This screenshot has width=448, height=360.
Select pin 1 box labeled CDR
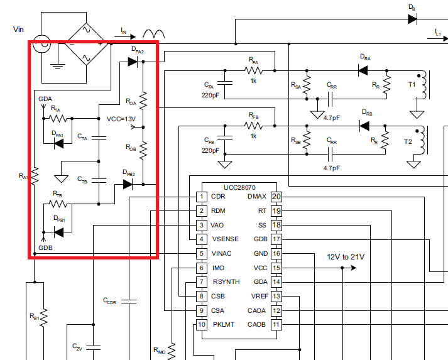(x=202, y=197)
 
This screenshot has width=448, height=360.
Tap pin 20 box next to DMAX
(x=276, y=197)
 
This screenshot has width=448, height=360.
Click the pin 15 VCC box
(x=276, y=268)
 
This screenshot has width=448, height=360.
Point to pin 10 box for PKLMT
(x=202, y=325)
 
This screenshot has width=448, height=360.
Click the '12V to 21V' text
(x=345, y=257)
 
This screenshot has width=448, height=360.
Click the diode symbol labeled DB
(x=412, y=19)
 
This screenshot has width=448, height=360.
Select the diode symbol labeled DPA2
(x=133, y=62)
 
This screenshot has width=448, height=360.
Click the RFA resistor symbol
(x=253, y=72)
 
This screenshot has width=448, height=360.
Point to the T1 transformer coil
(x=424, y=86)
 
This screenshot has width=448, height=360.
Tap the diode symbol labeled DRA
(x=363, y=72)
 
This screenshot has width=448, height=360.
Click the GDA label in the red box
(x=45, y=99)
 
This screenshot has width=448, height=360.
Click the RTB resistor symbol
(x=58, y=204)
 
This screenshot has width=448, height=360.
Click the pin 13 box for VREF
(x=276, y=296)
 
